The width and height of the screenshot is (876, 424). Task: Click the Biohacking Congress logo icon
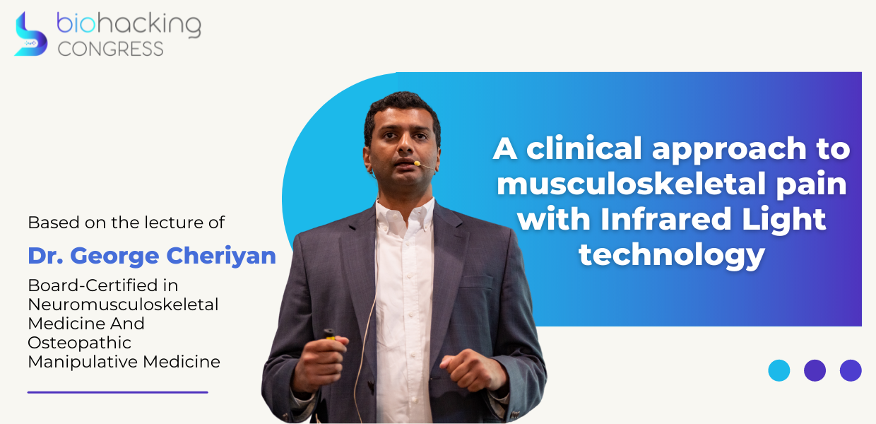point(30,34)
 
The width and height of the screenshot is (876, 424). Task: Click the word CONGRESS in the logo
point(111,49)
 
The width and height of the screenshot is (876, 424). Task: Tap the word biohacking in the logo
point(129,25)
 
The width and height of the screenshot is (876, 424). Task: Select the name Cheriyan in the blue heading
point(221,257)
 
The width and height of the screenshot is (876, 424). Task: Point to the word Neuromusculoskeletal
point(123,305)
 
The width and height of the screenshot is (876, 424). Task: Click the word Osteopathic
point(79,343)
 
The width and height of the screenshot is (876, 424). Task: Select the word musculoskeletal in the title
point(633,184)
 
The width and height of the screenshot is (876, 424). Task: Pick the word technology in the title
point(671,255)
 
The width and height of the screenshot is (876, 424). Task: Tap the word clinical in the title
point(584,148)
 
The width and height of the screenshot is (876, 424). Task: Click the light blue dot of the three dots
point(779,370)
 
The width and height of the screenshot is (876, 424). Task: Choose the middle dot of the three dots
point(815,370)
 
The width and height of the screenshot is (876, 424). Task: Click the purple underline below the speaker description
point(118,392)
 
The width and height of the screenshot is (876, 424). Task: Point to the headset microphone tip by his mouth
point(418,163)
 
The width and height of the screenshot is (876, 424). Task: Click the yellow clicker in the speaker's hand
point(329,335)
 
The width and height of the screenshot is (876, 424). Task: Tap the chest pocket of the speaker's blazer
point(476,283)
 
